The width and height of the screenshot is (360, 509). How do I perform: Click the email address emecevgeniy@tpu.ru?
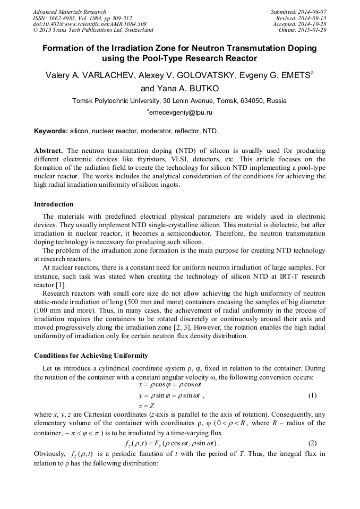(181, 113)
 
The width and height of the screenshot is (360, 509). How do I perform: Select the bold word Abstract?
(48, 150)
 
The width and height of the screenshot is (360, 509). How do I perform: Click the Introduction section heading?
(54, 204)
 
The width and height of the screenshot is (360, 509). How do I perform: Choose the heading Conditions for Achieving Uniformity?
(91, 355)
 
